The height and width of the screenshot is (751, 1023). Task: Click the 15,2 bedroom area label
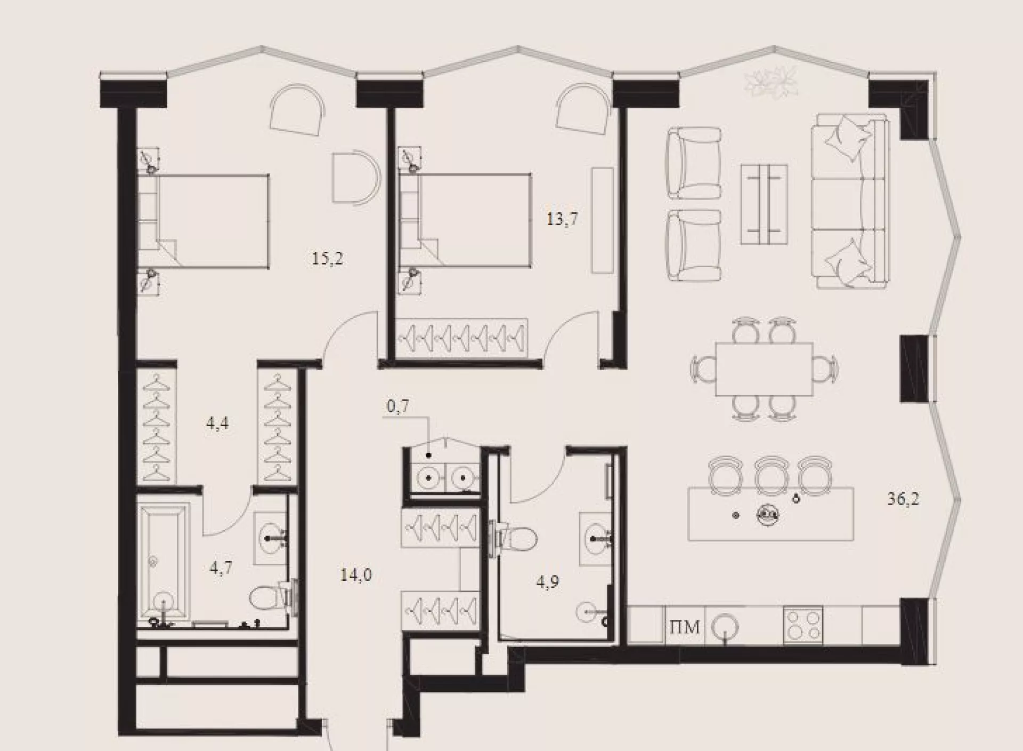328,259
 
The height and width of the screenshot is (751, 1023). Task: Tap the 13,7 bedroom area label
562,219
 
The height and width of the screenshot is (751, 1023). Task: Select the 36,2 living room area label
903,499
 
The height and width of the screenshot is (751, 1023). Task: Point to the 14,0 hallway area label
356,575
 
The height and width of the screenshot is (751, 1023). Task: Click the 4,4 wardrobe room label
217,424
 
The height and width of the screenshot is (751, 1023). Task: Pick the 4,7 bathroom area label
221,568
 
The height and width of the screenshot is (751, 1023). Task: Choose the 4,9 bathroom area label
548,581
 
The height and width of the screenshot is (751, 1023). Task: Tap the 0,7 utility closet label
398,406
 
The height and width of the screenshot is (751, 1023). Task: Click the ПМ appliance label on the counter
685,627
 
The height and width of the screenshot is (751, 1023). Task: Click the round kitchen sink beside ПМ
726,626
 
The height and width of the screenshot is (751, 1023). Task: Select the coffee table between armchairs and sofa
764,204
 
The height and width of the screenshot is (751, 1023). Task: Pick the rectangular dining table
764,369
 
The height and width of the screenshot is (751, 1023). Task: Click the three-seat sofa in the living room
850,201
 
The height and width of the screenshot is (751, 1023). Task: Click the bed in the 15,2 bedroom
203,220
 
